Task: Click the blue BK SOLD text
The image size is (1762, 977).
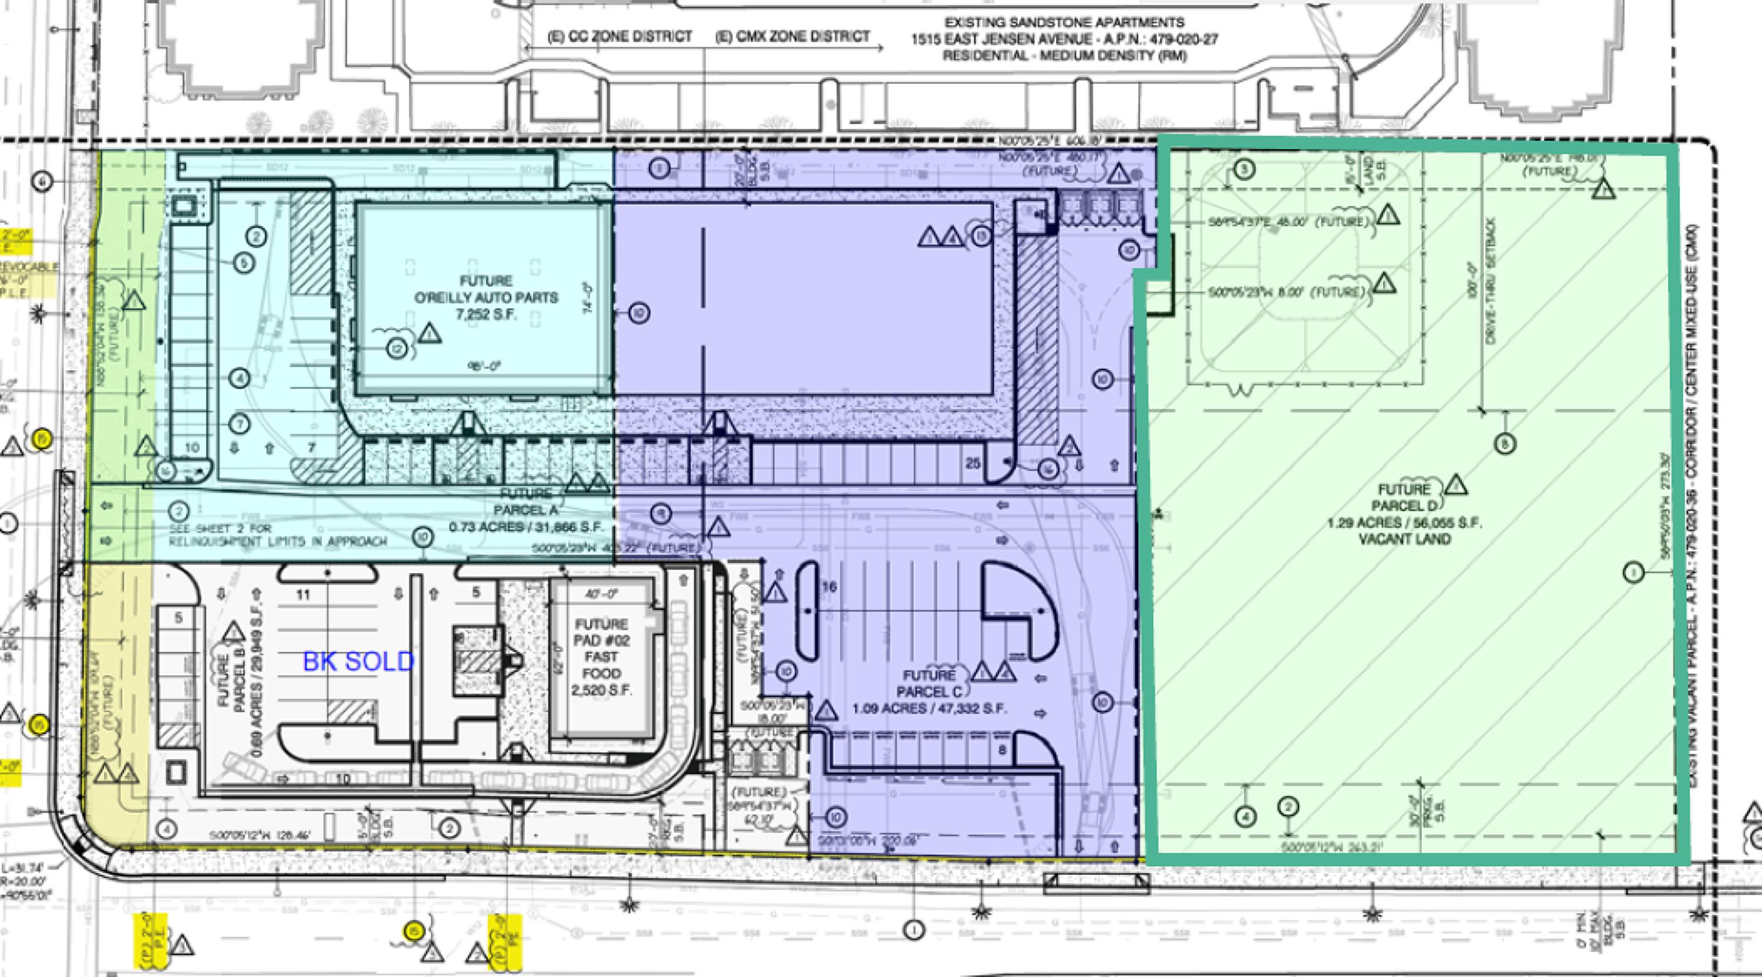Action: [x=358, y=661]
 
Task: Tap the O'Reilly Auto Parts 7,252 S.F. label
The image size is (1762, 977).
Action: [x=486, y=298]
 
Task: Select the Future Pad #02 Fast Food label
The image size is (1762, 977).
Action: [x=601, y=657]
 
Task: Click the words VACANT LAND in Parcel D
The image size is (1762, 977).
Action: [x=1405, y=539]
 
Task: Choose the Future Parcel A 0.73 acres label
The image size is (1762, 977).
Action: [x=525, y=510]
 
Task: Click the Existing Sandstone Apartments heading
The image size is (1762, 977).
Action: [x=1064, y=39]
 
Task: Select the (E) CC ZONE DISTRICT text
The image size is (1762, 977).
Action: [x=620, y=36]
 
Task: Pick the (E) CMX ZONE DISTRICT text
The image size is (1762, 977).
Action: [x=793, y=36]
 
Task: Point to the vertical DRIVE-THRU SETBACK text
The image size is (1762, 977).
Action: [x=1491, y=280]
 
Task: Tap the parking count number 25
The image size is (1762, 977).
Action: [x=973, y=463]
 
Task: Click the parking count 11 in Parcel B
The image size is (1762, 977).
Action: [x=303, y=594]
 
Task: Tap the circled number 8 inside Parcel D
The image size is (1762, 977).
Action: [x=1504, y=444]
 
